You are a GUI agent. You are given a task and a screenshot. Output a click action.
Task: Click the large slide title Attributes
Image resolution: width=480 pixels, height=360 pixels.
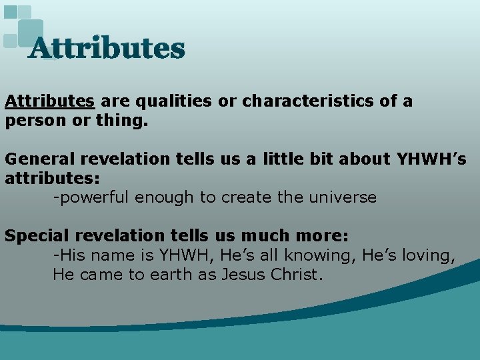click(x=107, y=49)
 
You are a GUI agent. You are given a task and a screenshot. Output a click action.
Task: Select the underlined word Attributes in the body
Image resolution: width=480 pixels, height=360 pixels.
click(x=49, y=101)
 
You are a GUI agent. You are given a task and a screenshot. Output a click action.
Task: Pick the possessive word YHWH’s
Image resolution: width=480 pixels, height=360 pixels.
click(x=431, y=159)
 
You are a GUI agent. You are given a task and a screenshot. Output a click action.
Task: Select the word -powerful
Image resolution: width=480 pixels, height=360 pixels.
click(x=92, y=197)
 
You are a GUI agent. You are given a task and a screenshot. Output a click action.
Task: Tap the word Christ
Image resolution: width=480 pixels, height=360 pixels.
click(x=298, y=275)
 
